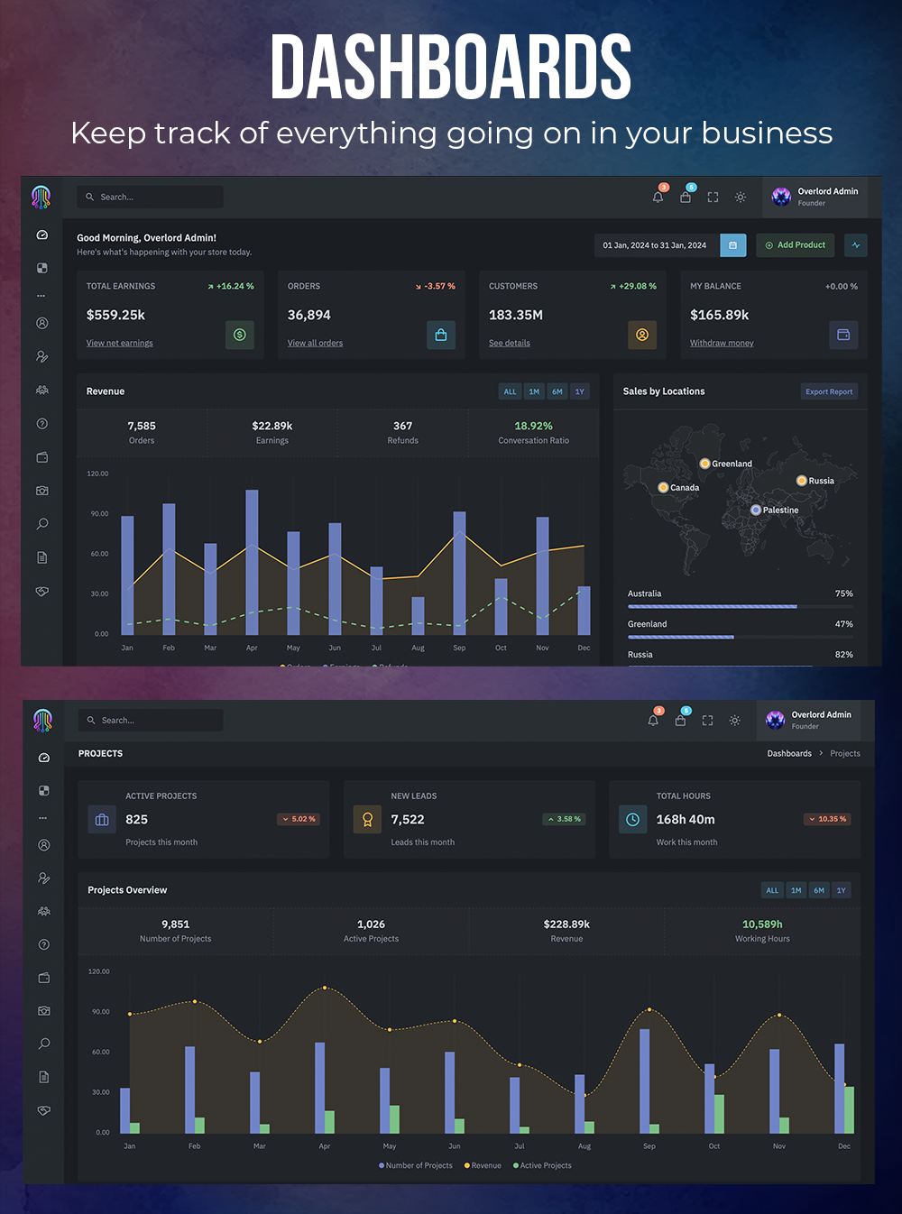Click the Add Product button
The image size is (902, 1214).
click(x=795, y=245)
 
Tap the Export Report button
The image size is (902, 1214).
click(x=829, y=391)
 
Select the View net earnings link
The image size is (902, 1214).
click(x=119, y=343)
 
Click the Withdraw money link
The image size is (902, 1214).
click(x=722, y=343)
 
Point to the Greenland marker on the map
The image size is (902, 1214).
click(x=704, y=464)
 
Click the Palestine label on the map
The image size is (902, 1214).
click(x=780, y=510)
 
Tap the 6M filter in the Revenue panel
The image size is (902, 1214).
click(x=557, y=391)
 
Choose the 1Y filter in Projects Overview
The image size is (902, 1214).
click(x=841, y=890)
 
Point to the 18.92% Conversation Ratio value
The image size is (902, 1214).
click(x=533, y=426)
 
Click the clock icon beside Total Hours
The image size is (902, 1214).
click(x=633, y=819)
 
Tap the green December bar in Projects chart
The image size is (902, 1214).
click(x=849, y=1109)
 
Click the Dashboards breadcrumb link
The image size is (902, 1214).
click(x=789, y=753)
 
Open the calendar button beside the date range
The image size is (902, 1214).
click(x=732, y=245)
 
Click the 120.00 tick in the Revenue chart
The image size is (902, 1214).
click(x=97, y=474)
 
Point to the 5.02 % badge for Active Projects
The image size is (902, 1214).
click(x=299, y=819)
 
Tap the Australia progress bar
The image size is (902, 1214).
click(x=713, y=606)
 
